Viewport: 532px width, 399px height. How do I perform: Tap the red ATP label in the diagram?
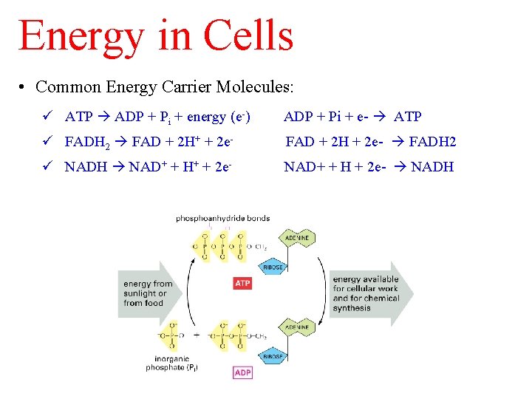(242, 283)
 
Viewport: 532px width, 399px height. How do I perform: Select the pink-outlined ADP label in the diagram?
(242, 372)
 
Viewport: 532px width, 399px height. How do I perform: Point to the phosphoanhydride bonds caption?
(222, 218)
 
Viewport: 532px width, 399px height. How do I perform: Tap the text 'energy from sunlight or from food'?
(148, 293)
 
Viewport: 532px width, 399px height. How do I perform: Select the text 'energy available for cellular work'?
(366, 289)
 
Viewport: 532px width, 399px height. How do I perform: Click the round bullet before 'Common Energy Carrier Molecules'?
(24, 88)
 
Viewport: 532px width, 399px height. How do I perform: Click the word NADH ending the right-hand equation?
(432, 167)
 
